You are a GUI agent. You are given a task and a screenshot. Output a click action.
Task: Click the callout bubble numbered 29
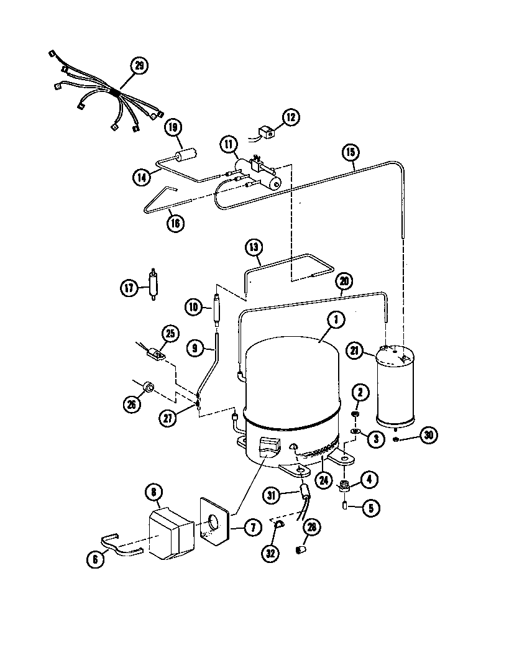(139, 66)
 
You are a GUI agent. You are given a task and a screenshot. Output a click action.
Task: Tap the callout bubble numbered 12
(291, 116)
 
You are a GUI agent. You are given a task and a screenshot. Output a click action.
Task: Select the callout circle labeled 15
(350, 151)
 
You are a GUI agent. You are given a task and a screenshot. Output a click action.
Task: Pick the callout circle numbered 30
(428, 436)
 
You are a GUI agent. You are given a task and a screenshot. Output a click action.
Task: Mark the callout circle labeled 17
(128, 288)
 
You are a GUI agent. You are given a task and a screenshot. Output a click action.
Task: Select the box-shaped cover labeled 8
(171, 534)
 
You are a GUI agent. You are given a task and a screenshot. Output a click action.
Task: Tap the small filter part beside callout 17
(153, 285)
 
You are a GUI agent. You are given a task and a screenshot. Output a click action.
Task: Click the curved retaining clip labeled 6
(118, 542)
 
